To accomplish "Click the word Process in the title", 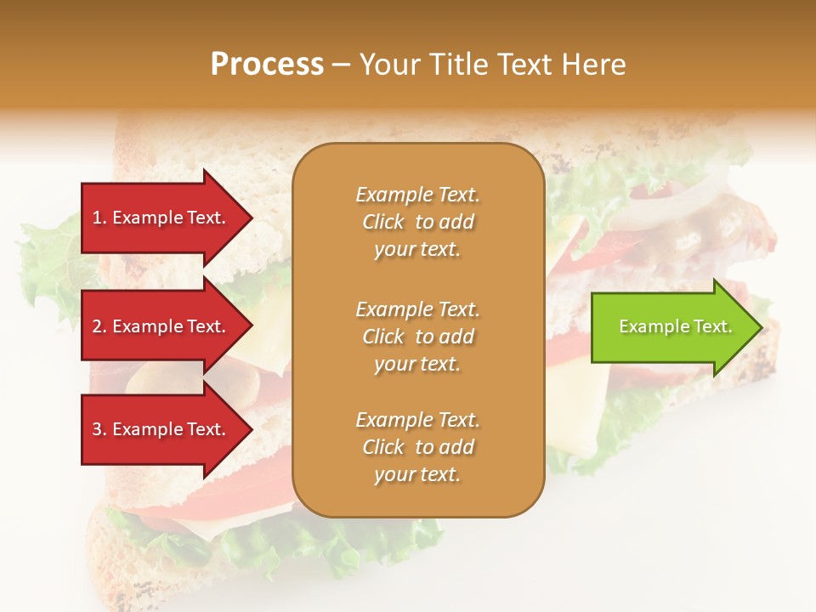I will tap(267, 65).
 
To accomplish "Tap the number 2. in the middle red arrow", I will tap(99, 326).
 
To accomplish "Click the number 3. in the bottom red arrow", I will tap(99, 429).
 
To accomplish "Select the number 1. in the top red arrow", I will tap(99, 218).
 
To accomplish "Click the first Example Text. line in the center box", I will tap(417, 195).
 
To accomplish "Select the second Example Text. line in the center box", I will tap(417, 309).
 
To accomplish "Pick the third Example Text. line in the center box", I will tap(417, 420).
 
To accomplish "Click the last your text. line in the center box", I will tap(417, 475).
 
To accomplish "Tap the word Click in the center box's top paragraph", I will tap(383, 222).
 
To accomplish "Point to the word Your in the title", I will tap(390, 65).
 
